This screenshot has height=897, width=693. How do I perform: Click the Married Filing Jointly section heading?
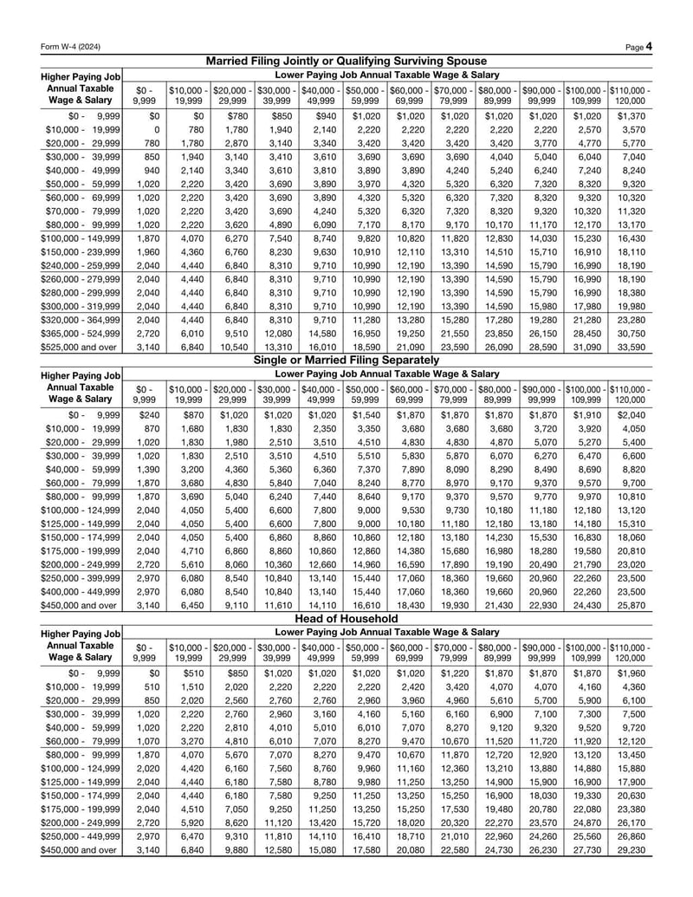click(346, 62)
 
